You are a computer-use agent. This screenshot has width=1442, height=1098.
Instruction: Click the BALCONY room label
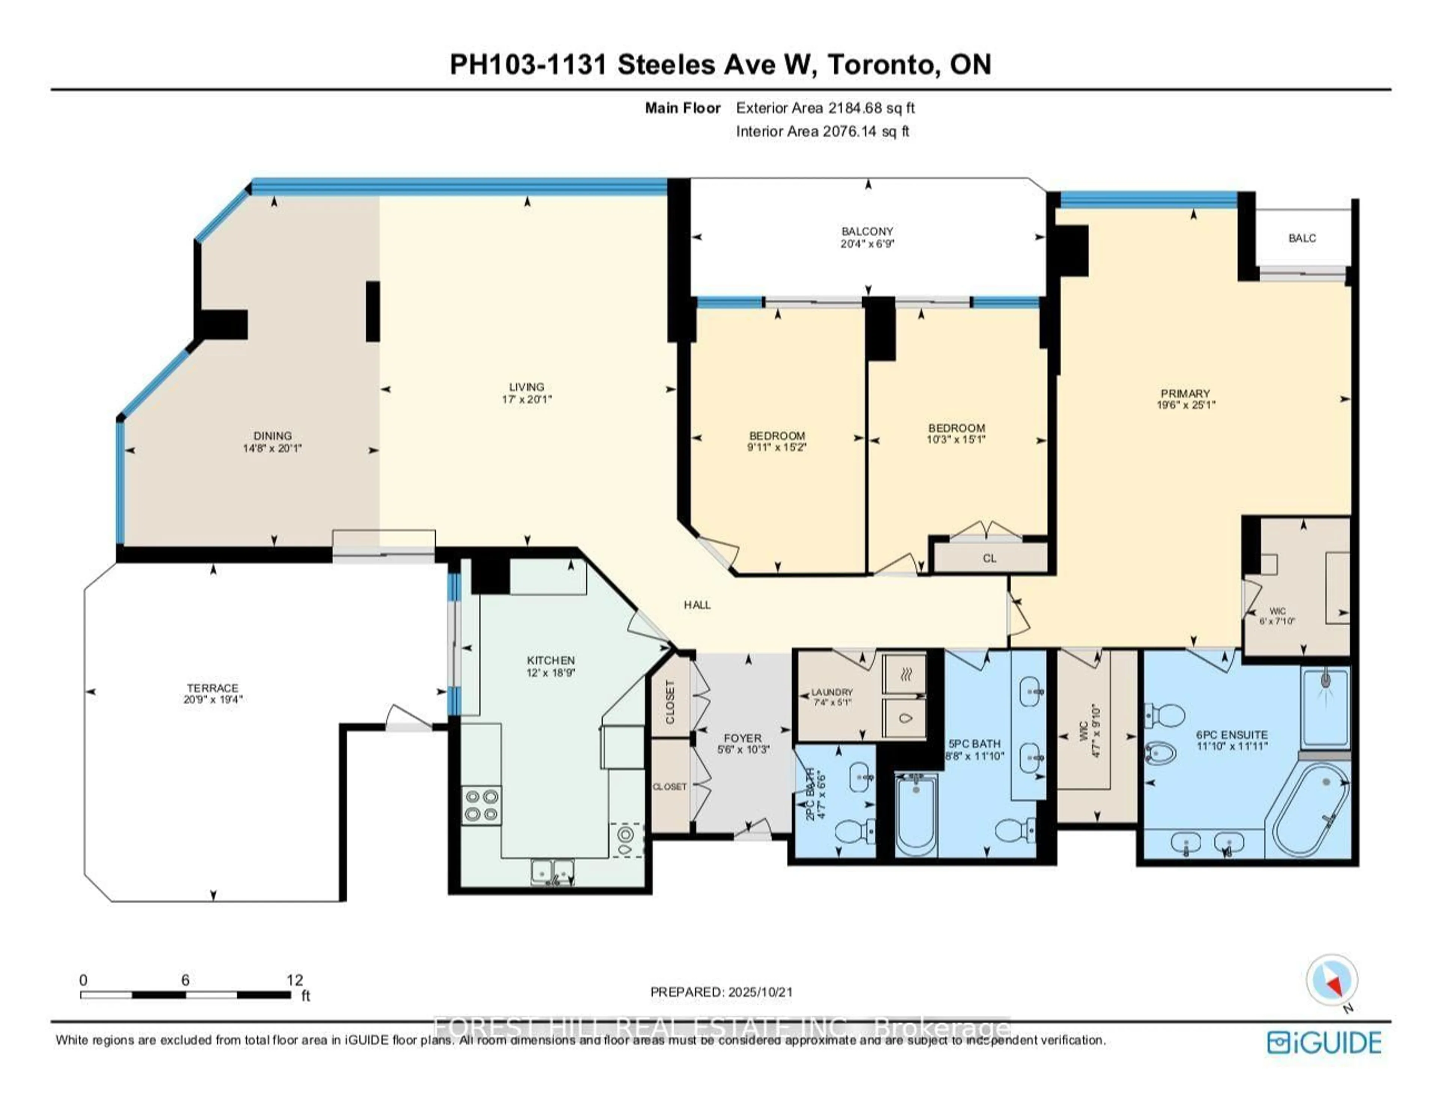867,231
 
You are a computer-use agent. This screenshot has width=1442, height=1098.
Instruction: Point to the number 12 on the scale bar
295,980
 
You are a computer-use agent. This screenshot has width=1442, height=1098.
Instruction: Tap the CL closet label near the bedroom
989,558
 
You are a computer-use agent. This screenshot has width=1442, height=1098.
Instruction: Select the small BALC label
1302,238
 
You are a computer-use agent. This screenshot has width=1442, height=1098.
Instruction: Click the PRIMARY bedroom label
1185,393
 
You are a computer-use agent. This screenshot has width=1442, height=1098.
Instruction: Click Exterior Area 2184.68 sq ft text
825,108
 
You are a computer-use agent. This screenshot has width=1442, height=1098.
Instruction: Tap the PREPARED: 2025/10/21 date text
721,992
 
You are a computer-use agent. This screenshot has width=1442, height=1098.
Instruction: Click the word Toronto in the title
881,65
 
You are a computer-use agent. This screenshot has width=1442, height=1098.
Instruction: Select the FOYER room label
742,738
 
